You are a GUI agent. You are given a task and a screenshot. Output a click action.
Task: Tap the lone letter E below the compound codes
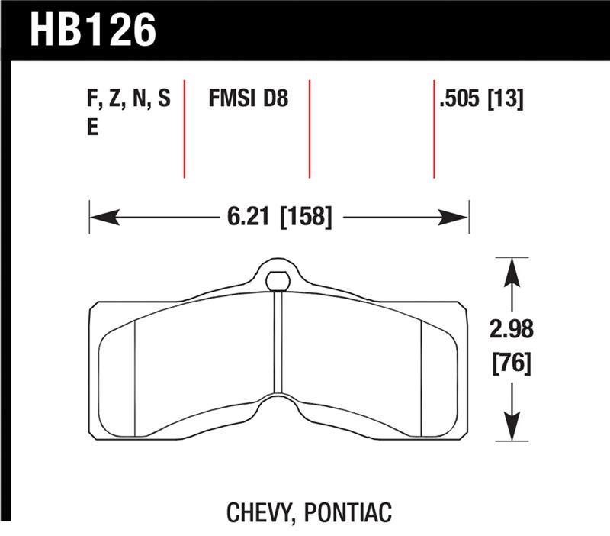click(x=92, y=128)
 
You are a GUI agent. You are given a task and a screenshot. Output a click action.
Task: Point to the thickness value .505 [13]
click(x=480, y=100)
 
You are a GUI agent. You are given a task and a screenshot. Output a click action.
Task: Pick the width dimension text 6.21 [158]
click(x=279, y=218)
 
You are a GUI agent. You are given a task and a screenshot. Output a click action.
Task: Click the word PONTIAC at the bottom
click(x=348, y=512)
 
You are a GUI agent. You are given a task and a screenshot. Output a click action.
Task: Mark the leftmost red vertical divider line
click(x=185, y=128)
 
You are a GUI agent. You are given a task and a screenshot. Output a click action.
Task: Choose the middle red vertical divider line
click(x=310, y=128)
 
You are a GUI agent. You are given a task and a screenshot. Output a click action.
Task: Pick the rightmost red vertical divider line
click(x=434, y=128)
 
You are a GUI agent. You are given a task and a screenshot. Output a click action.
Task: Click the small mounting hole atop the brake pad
click(x=278, y=279)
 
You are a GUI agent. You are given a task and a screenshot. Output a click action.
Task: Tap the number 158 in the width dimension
click(x=307, y=218)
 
